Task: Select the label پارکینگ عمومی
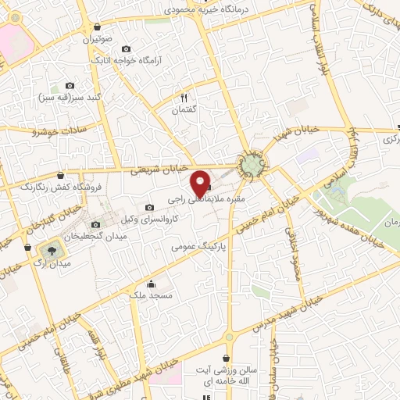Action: click(202, 245)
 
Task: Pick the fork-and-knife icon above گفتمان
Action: click(184, 98)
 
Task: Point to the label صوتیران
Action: click(102, 37)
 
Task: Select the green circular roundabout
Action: click(252, 166)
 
